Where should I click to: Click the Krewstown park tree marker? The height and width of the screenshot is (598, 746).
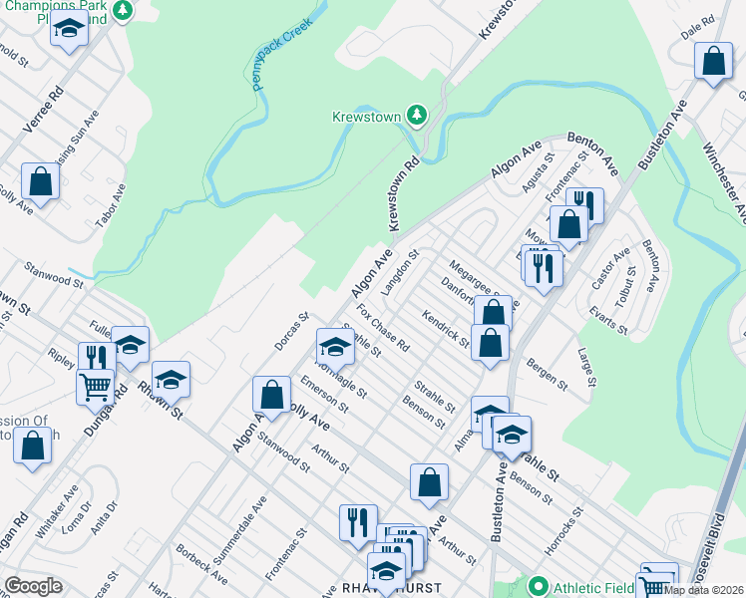point(418,116)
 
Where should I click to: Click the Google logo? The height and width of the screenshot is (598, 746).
point(33,586)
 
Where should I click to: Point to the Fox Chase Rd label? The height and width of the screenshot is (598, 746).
point(383,328)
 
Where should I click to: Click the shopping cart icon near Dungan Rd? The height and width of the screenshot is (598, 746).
point(95,385)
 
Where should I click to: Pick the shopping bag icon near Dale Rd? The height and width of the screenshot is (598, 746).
point(714,63)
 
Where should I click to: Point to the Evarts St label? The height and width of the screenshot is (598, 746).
point(607,321)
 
